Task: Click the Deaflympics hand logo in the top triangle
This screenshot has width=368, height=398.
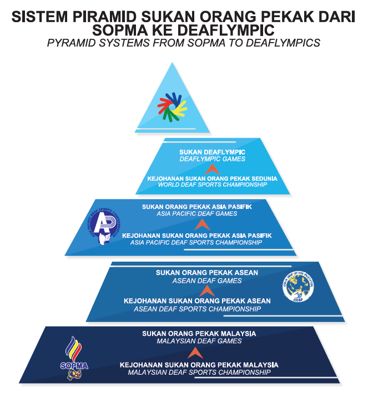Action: (x=173, y=106)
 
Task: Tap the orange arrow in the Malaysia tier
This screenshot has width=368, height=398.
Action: (x=193, y=353)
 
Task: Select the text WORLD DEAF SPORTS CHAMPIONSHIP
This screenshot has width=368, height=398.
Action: (x=212, y=185)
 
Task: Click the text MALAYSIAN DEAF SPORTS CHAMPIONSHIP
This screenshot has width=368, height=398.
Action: (x=199, y=373)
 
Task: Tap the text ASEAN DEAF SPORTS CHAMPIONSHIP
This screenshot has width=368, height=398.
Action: (x=198, y=309)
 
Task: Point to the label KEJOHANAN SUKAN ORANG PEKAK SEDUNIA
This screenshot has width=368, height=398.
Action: (x=212, y=178)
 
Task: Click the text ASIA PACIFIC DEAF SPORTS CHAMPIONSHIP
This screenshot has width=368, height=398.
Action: (x=196, y=243)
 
